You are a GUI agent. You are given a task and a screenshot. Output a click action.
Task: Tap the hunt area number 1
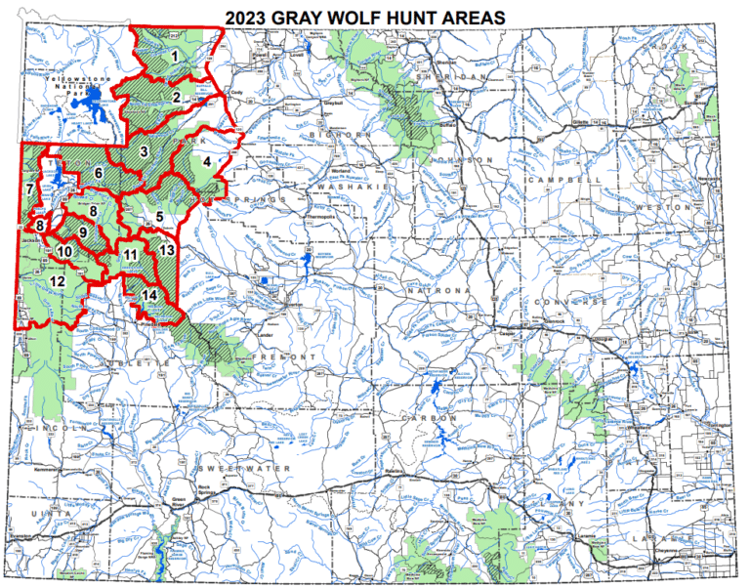(174, 56)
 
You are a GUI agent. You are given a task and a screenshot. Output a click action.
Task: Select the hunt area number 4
(207, 162)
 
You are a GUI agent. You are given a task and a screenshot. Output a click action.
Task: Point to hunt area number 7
(30, 189)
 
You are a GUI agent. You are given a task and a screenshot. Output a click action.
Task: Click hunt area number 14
(148, 295)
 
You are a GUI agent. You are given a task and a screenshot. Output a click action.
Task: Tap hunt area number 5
(159, 217)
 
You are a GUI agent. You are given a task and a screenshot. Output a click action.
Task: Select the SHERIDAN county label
(449, 78)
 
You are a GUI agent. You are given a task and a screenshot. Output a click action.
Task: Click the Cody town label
(234, 94)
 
